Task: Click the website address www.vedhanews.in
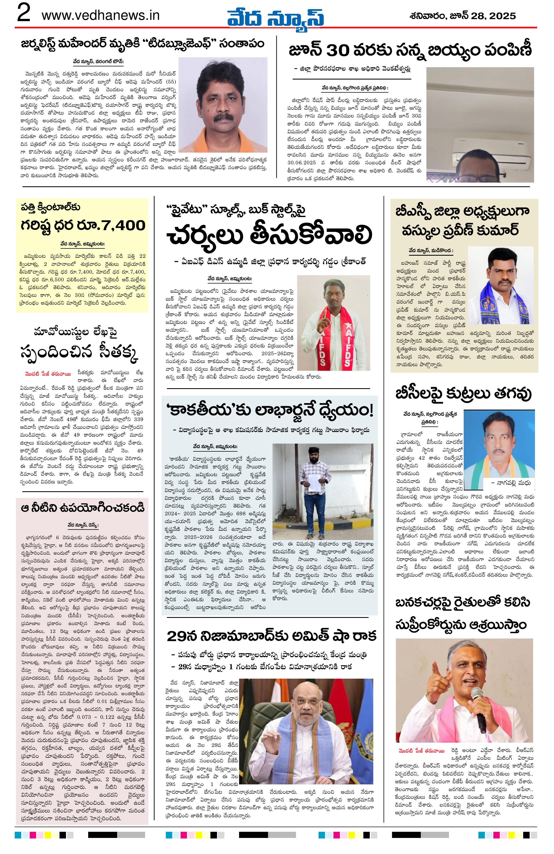pos(101,16)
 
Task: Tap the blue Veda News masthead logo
pos(275,17)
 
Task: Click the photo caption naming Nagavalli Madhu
pos(506,483)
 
